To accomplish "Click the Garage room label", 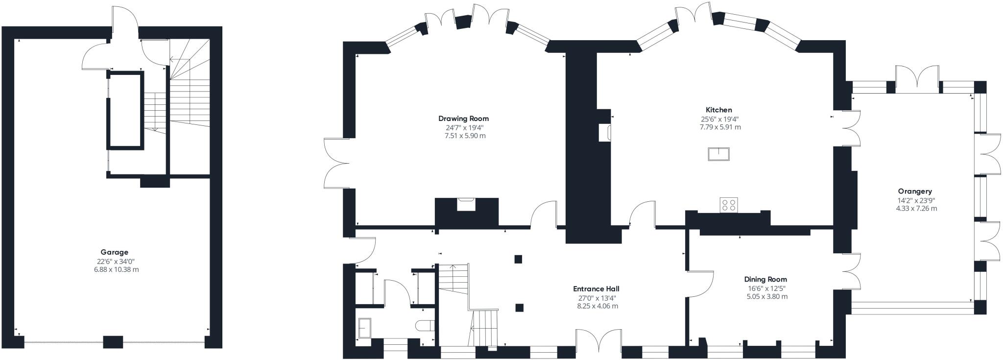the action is pyautogui.click(x=114, y=252).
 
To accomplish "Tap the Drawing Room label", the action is pyautogui.click(x=463, y=119).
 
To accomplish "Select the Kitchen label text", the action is pyautogui.click(x=719, y=110).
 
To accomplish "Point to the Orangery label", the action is pyautogui.click(x=915, y=192).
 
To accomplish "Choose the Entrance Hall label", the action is pyautogui.click(x=596, y=289).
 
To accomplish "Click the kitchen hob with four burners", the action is pyautogui.click(x=729, y=205).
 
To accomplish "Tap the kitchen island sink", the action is pyautogui.click(x=718, y=154).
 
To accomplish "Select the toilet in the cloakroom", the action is pyautogui.click(x=424, y=326).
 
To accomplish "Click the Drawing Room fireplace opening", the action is pyautogui.click(x=465, y=204).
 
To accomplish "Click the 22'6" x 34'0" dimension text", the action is pyautogui.click(x=114, y=262).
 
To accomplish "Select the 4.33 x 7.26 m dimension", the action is pyautogui.click(x=915, y=209).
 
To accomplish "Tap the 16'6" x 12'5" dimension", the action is pyautogui.click(x=767, y=288).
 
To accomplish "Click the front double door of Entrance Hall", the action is pyautogui.click(x=598, y=341).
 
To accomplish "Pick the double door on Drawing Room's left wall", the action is pyautogui.click(x=335, y=163).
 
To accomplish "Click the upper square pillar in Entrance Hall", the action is pyautogui.click(x=518, y=259).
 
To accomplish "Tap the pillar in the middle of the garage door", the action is pyautogui.click(x=113, y=342).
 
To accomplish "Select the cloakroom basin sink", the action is pyautogui.click(x=365, y=328).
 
